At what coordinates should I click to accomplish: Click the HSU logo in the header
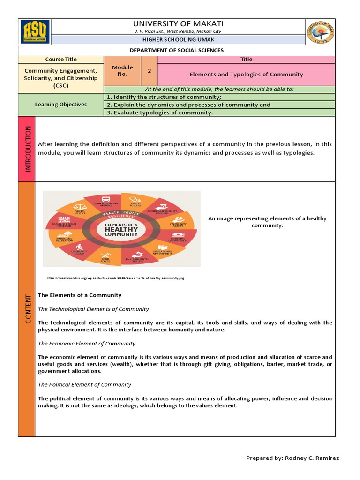tap(35, 31)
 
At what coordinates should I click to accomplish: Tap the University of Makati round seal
tap(321, 31)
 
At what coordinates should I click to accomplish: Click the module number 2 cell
tap(149, 71)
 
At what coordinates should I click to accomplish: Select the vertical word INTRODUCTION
tap(27, 149)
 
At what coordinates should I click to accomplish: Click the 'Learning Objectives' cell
tap(61, 105)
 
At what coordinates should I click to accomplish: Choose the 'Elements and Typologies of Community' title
tap(246, 75)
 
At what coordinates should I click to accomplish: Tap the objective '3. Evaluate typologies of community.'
tap(160, 112)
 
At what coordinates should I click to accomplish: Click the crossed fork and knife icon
tap(105, 255)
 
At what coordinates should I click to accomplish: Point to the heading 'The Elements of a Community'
tap(80, 295)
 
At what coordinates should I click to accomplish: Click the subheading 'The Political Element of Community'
tap(84, 385)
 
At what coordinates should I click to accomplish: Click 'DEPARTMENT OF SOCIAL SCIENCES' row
tap(176, 50)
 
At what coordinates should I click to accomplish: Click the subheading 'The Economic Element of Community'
tap(87, 344)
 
